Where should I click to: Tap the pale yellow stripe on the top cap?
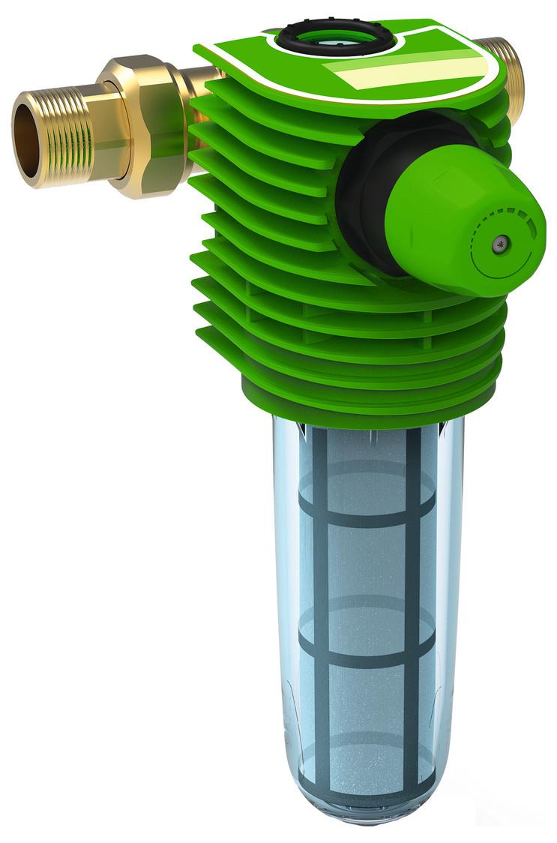[x=405, y=71]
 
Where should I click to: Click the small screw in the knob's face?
[x=499, y=241]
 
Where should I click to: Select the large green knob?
[x=457, y=217]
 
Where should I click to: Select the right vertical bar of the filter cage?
[x=412, y=600]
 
